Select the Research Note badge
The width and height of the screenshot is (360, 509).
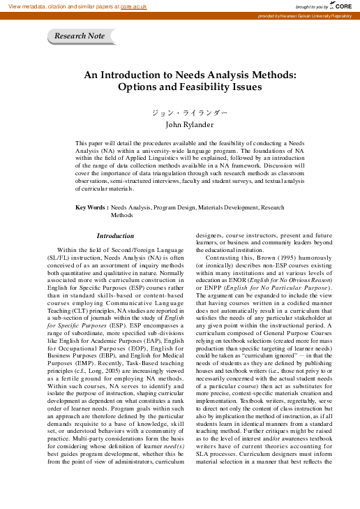click(80, 36)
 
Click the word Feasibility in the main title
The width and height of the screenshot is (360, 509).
click(193, 87)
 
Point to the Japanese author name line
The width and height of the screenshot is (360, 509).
click(180, 112)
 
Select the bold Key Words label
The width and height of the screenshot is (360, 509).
click(91, 207)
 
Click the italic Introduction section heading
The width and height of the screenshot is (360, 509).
click(115, 236)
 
